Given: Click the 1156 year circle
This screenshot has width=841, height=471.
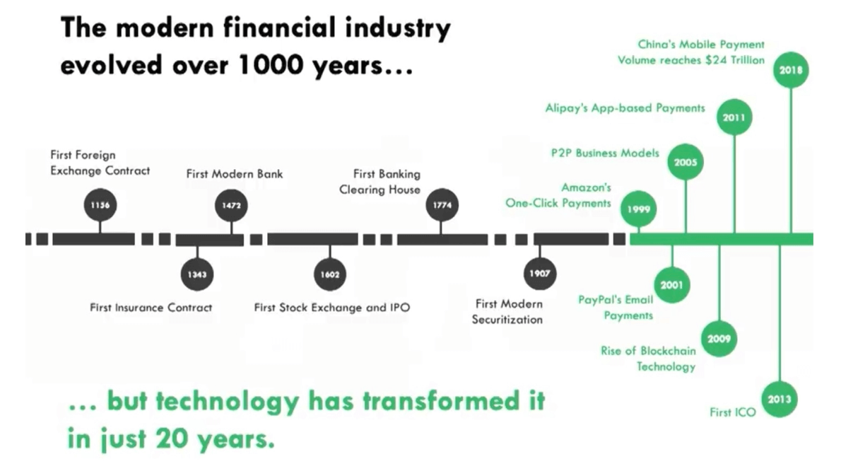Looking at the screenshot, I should [100, 205].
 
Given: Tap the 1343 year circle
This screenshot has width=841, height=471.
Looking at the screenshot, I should [197, 274].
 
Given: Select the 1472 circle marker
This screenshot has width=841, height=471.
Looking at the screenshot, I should [232, 205].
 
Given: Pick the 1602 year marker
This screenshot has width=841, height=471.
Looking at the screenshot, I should [330, 274].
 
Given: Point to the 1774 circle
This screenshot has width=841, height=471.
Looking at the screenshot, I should [442, 205].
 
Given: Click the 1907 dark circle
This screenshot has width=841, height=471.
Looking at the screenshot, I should [540, 274].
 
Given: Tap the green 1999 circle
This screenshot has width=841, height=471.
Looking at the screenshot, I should [638, 209].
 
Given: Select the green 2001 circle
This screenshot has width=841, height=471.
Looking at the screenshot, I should [671, 286].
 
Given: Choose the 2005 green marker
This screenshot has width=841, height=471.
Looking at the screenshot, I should [685, 162].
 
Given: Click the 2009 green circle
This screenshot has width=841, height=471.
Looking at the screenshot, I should [719, 339].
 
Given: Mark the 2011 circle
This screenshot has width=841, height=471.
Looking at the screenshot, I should [734, 117].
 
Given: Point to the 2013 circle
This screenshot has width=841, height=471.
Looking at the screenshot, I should [780, 400].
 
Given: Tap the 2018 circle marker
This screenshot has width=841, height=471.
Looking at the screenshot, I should [790, 70].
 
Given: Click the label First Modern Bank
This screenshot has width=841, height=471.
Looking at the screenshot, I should [234, 174].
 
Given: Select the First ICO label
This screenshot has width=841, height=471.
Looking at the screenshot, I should [732, 412].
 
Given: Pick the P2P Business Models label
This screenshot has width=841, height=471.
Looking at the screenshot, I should [604, 153].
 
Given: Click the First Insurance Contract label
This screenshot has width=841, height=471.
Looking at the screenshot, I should [151, 308].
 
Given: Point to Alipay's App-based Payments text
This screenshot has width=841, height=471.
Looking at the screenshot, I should [625, 108].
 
